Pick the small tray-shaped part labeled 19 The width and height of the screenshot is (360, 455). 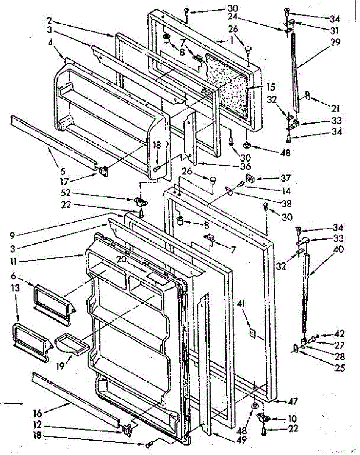pyautogui.click(x=72, y=344)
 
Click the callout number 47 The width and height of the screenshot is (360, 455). pyautogui.click(x=293, y=401)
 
